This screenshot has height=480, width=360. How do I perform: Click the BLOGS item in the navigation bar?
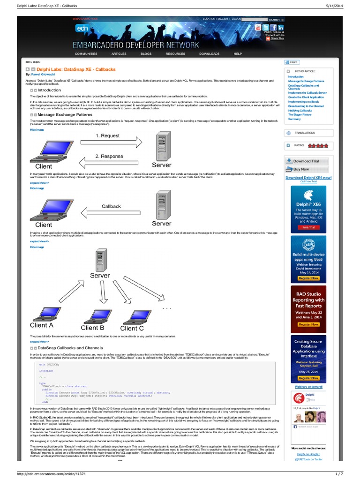(146, 54)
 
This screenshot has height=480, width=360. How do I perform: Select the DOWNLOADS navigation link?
(209, 54)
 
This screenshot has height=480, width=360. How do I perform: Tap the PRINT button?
(291, 62)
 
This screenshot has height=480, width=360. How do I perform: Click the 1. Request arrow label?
(107, 135)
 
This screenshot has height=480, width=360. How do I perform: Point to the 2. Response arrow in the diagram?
(109, 156)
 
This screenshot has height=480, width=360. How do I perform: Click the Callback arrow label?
(111, 206)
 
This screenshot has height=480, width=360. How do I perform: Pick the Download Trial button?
(306, 161)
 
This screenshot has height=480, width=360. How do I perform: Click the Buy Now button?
(301, 169)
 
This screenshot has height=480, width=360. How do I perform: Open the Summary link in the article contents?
(294, 119)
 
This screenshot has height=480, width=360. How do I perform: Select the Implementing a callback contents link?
(303, 102)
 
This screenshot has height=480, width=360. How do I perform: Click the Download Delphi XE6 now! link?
(308, 178)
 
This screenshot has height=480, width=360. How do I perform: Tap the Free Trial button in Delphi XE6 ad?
(308, 227)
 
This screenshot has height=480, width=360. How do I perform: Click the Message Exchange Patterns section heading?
(64, 114)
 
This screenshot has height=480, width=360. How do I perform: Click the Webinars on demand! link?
(308, 387)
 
